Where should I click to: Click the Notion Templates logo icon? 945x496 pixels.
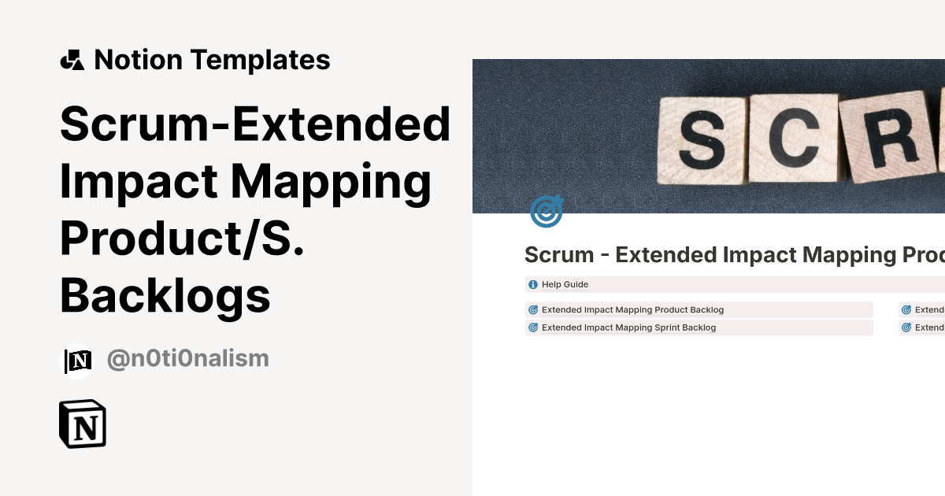[x=72, y=60]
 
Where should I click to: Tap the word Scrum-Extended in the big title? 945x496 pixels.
[x=255, y=124]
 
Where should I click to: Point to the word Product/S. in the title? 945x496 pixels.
[x=182, y=239]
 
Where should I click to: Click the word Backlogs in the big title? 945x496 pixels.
[x=165, y=297]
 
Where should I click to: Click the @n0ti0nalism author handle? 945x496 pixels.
[x=187, y=359]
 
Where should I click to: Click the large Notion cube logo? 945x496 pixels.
[x=83, y=424]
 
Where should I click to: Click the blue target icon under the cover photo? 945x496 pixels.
[x=546, y=212]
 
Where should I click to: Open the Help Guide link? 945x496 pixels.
[x=565, y=284]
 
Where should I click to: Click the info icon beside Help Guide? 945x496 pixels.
[x=533, y=284]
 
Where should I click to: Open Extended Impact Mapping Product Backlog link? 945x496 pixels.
[x=632, y=310]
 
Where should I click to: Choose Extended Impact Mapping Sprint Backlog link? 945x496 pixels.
[x=628, y=328]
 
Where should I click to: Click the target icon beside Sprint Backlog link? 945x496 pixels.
[x=533, y=328]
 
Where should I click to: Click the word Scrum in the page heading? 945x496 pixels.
[x=559, y=255]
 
